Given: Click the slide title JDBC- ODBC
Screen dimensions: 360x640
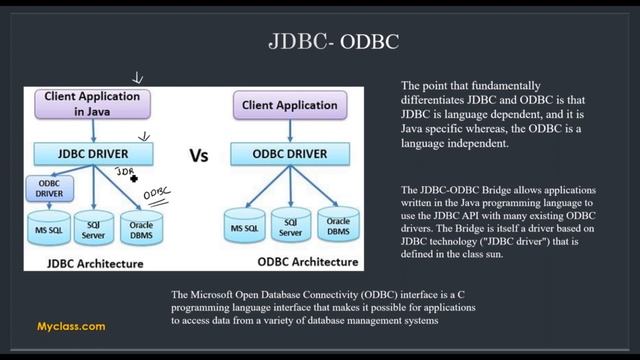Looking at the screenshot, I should click(334, 42).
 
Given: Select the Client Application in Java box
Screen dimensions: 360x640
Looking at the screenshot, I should click(92, 104).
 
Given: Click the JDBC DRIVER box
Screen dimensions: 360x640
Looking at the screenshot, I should click(93, 154).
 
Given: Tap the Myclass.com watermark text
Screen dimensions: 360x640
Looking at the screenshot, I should click(71, 326).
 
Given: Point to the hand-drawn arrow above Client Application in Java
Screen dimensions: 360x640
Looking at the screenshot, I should click(138, 78).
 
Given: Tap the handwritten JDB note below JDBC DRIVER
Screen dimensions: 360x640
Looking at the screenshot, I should click(124, 173).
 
